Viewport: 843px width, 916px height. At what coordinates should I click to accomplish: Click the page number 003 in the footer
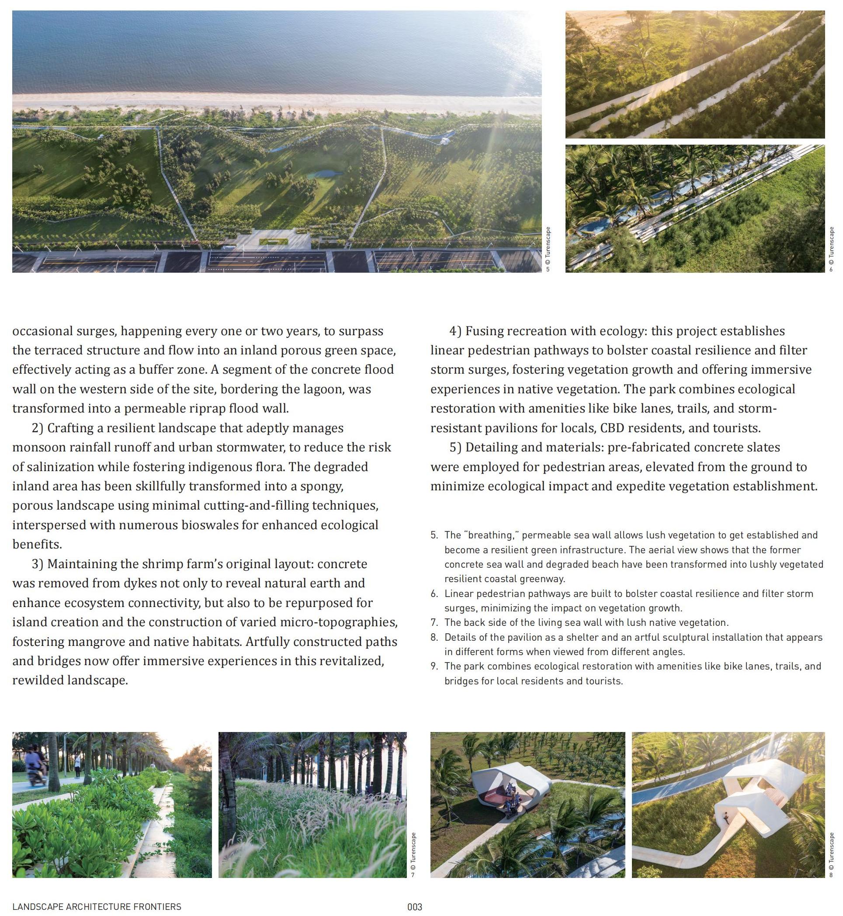[415, 906]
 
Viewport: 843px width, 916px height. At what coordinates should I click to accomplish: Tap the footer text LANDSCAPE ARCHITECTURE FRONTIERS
[97, 906]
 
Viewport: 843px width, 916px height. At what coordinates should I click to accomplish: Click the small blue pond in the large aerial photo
[324, 174]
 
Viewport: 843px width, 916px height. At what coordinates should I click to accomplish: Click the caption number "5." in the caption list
[434, 534]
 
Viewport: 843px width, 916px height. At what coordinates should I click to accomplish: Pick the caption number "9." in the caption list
[434, 666]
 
